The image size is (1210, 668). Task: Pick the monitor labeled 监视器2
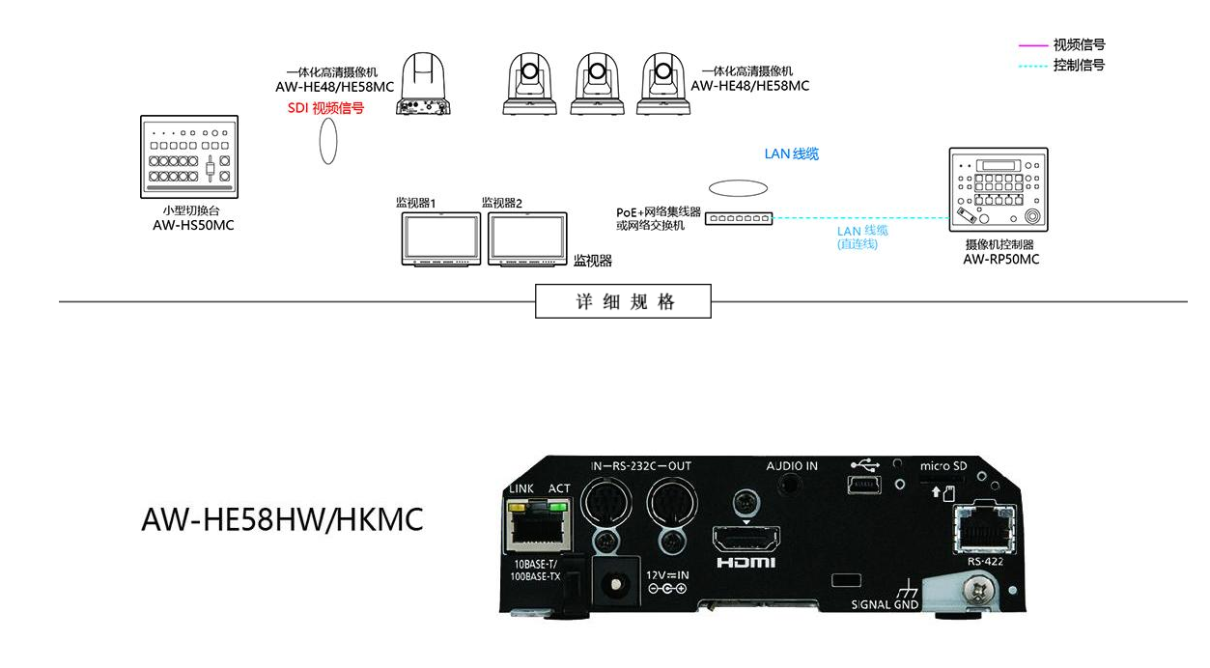526,238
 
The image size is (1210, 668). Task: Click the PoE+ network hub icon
739,219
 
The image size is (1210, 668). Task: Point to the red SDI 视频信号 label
325,108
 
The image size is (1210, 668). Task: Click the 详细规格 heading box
624,302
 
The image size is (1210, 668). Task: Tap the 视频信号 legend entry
1079,44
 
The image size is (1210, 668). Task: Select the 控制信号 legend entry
1079,66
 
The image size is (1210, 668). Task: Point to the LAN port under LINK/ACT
538,526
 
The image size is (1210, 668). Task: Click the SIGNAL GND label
885,605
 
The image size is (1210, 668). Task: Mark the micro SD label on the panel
943,466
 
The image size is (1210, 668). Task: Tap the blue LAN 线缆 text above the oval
792,153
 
